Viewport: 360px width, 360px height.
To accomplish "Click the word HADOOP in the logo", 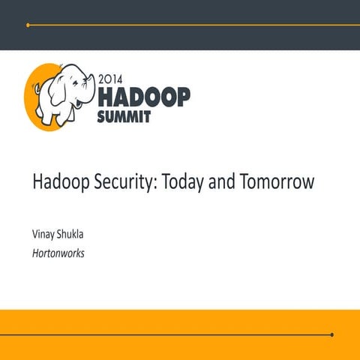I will tap(144, 96).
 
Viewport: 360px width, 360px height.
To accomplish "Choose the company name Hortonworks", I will tap(58, 253).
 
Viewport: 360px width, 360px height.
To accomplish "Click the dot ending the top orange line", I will tap(28, 25).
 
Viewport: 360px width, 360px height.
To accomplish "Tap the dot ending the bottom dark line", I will tap(331, 334).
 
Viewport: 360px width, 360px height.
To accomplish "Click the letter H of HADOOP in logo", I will tap(106, 96).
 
